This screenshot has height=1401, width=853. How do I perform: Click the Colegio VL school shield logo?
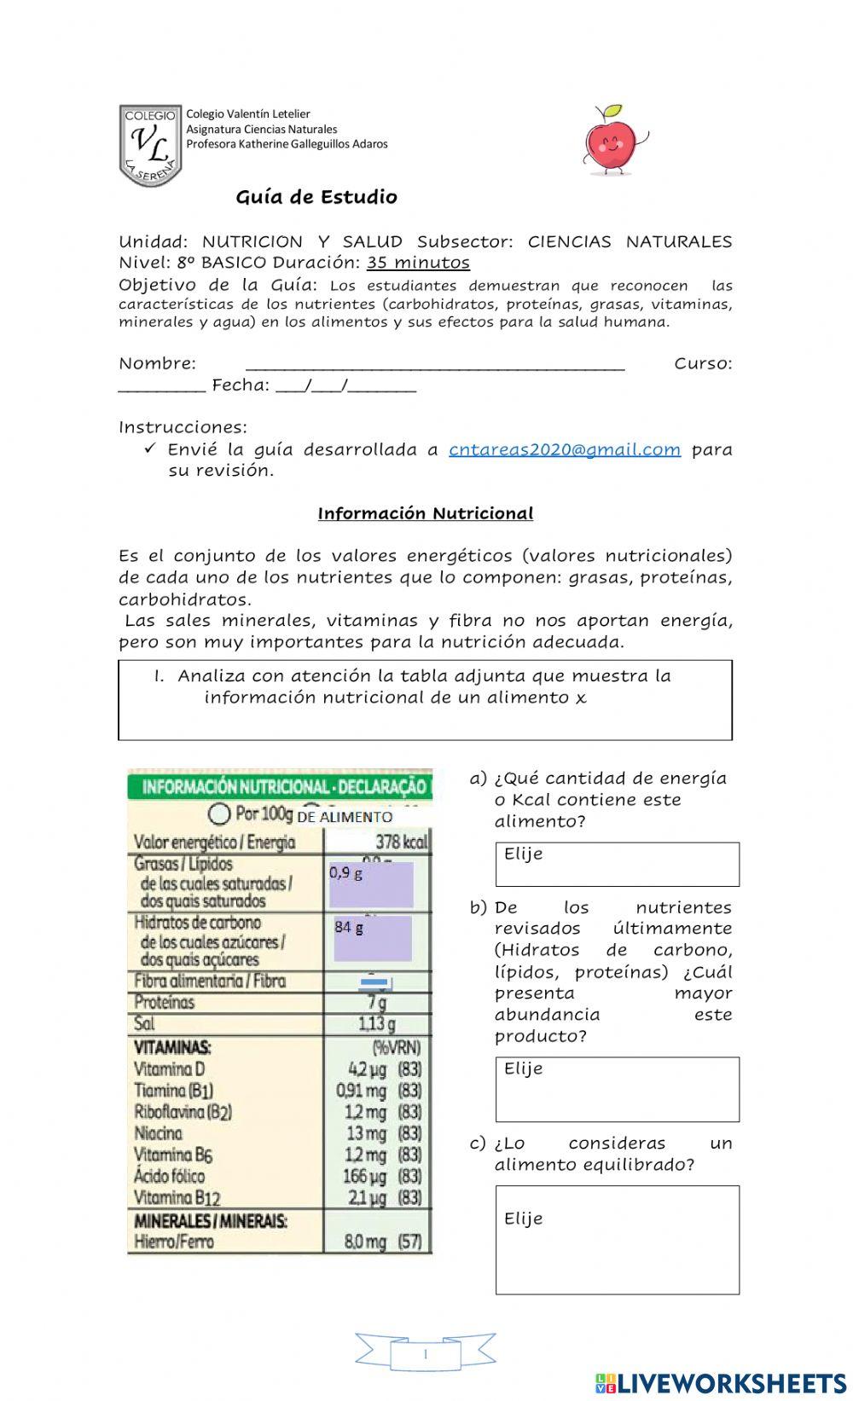(150, 146)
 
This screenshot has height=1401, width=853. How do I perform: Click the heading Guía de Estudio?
(316, 197)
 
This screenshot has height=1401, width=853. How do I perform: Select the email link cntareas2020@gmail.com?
(565, 449)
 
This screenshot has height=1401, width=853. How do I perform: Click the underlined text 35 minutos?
(418, 263)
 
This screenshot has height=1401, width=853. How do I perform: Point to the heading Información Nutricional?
(426, 513)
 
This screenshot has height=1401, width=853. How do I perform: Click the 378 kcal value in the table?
(401, 842)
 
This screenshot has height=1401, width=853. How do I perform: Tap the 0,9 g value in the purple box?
(346, 873)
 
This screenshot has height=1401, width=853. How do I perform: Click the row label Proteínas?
(165, 1002)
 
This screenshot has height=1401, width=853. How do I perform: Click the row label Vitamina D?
(170, 1068)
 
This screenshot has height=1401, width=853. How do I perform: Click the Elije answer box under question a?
(617, 864)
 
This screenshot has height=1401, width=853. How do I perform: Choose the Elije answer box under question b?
(617, 1089)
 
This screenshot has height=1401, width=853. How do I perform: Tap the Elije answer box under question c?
(617, 1239)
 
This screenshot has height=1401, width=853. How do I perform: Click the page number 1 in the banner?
(425, 1354)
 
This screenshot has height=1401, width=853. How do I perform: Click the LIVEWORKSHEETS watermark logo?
(720, 1382)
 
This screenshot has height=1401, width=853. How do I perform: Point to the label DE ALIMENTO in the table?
(345, 817)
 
